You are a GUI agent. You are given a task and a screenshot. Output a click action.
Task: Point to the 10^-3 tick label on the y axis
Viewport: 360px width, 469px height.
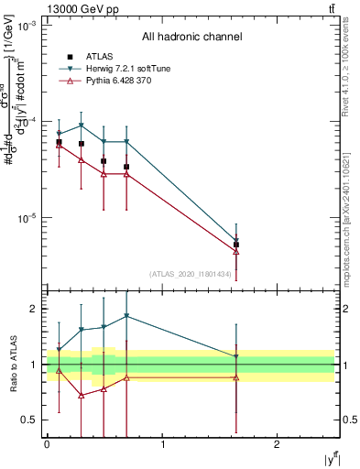[27, 26]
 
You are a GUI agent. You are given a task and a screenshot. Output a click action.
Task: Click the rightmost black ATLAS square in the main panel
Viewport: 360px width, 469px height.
[236, 245]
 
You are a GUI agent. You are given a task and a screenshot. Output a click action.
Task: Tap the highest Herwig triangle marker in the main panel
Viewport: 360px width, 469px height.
[81, 125]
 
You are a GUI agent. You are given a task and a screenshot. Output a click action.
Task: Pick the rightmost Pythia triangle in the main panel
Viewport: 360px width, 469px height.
[236, 251]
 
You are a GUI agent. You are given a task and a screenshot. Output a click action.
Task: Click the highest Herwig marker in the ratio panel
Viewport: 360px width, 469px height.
[126, 316]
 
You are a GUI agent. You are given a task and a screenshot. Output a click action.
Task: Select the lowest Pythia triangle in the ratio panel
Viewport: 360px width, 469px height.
[81, 396]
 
